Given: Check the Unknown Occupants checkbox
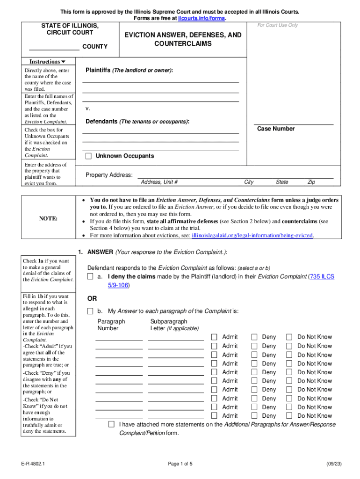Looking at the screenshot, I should (88, 156).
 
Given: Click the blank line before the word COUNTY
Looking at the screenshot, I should (54, 47).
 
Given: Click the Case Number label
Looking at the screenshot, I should (276, 129).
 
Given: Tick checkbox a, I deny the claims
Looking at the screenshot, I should (90, 276).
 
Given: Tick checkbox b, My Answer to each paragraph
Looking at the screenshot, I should (90, 311).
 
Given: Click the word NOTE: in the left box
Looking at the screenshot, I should (48, 218).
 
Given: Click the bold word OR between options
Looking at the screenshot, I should (92, 298).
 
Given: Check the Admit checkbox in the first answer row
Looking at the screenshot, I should (214, 337).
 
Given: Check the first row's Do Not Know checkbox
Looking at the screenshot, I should (289, 337).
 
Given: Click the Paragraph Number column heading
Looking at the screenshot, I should (111, 325).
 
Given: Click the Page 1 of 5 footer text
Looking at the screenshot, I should (180, 464).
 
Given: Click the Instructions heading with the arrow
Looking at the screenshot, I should (47, 62).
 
